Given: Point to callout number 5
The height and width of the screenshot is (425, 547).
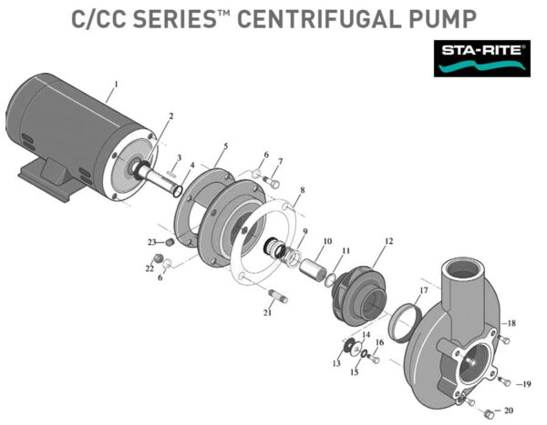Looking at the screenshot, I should (x=226, y=146).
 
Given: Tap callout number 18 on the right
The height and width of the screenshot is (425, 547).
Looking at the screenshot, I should (x=511, y=323).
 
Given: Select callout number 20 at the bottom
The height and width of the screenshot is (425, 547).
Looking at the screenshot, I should (x=509, y=410).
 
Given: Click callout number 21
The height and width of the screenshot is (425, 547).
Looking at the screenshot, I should (x=267, y=312).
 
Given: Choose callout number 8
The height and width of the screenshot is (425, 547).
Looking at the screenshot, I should (x=302, y=190).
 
